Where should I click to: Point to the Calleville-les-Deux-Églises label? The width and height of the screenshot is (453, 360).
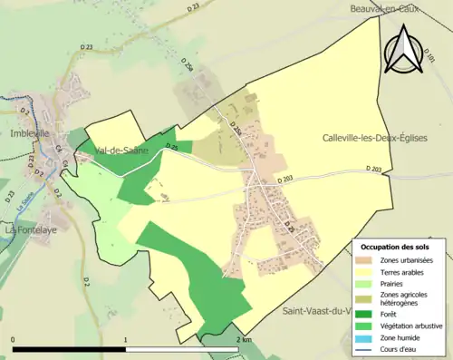click(374, 138)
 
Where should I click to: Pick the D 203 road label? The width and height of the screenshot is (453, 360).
click(374, 169)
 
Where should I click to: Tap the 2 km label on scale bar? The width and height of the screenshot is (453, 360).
click(243, 339)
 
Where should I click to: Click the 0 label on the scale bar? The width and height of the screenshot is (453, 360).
click(14, 339)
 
